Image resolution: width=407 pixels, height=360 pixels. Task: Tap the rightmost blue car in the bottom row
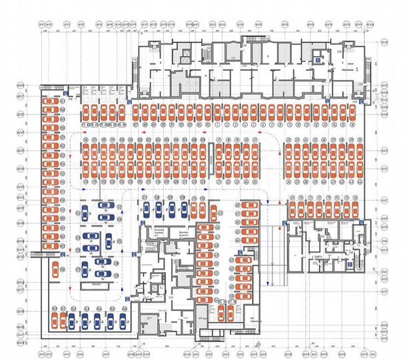(122, 321)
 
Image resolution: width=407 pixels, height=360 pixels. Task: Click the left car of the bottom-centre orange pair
(222, 311)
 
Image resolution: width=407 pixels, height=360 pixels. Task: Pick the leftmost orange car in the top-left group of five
(87, 111)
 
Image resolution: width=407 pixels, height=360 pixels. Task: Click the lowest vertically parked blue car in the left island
(85, 269)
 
